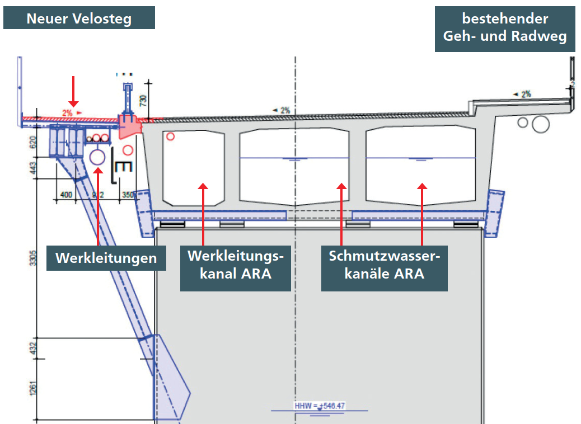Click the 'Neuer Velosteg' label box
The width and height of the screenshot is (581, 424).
point(78,19)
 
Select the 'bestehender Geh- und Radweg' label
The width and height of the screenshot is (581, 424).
point(505,28)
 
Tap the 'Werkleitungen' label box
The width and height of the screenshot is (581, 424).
point(106,258)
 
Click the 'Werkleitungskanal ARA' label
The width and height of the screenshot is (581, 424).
point(235,266)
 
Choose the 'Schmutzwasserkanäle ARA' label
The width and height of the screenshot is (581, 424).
point(384,266)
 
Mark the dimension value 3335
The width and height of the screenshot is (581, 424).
point(33,255)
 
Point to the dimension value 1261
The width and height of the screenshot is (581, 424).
point(33,389)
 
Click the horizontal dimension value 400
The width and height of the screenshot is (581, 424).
point(66,195)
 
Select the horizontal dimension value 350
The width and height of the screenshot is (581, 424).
point(128,195)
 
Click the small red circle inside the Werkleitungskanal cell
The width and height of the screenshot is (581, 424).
point(171,136)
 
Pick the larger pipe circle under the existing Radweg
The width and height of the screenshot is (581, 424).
point(541,124)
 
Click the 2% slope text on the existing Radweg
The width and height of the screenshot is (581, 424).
point(525,94)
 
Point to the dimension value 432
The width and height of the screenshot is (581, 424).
point(33,348)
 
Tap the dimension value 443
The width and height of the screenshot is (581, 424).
point(33,167)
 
